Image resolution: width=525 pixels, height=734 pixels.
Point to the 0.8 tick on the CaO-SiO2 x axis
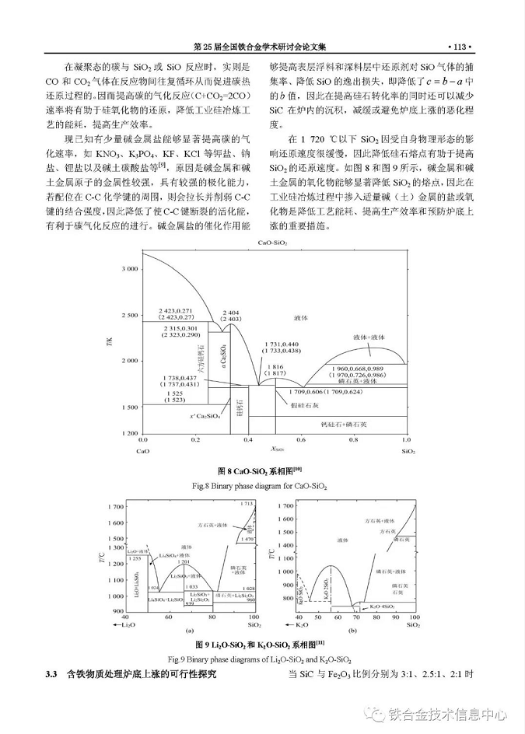(345, 440)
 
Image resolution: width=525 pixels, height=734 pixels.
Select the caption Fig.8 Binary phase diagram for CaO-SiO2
(261, 485)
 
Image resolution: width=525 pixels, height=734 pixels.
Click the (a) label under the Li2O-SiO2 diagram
(189, 631)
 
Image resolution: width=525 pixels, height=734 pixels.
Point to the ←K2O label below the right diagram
(297, 624)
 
